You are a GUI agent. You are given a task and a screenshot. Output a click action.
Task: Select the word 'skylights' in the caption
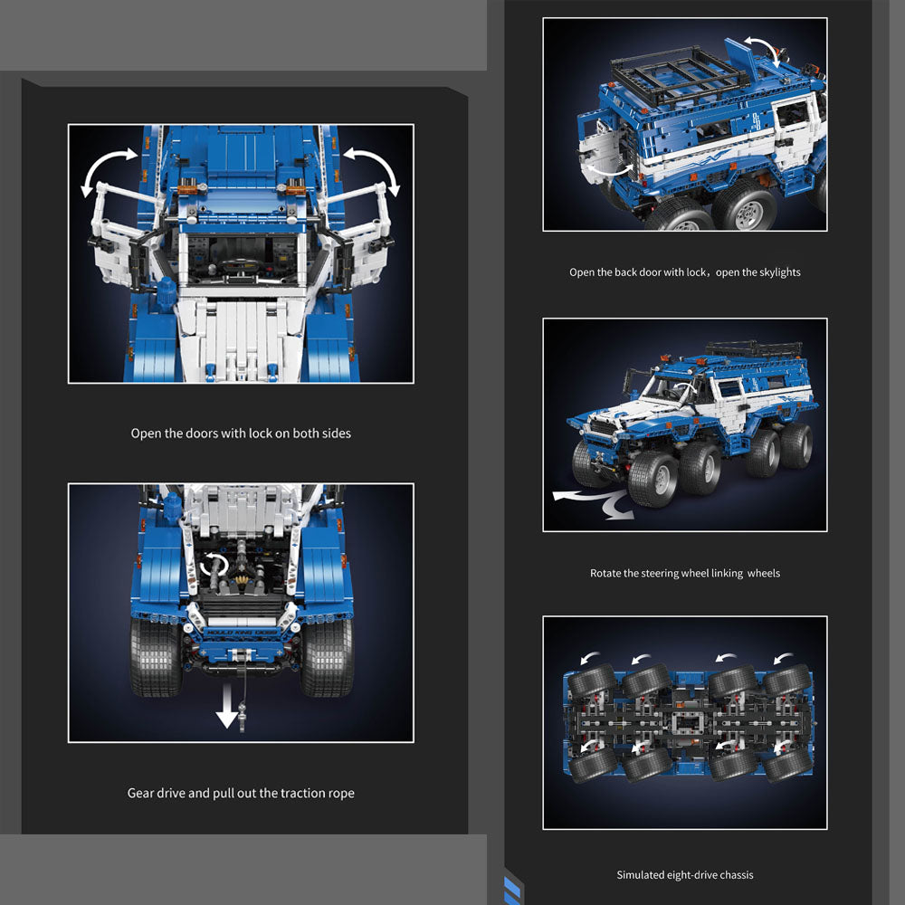pyautogui.click(x=779, y=272)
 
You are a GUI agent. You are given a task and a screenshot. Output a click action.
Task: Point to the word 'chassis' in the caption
pyautogui.click(x=736, y=875)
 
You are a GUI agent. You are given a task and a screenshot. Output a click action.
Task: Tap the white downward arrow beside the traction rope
pyautogui.click(x=227, y=706)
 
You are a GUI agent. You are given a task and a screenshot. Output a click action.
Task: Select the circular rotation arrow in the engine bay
pyautogui.click(x=214, y=565)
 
